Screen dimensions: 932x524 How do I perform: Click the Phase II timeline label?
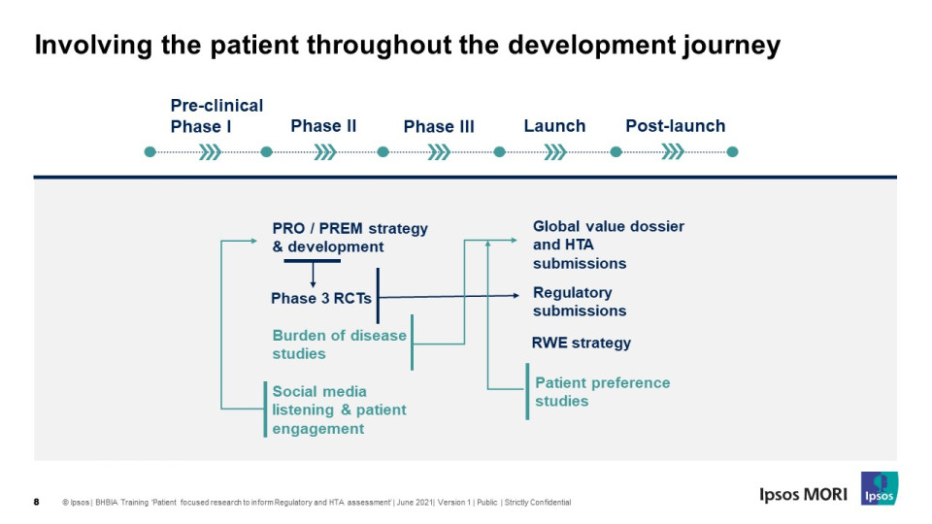click(323, 126)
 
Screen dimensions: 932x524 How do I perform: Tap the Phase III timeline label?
click(439, 126)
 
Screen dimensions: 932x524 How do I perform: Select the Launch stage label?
click(554, 126)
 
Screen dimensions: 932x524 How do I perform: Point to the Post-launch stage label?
click(676, 126)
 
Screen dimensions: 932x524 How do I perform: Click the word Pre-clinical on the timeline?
click(216, 106)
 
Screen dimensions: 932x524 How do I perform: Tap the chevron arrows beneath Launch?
click(555, 152)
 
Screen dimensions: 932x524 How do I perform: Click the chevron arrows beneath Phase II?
click(325, 152)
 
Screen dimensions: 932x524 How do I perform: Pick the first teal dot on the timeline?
click(150, 152)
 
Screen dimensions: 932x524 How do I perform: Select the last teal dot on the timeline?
click(732, 152)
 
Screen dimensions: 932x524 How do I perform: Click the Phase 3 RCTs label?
click(321, 298)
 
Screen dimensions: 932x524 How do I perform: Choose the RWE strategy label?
click(582, 343)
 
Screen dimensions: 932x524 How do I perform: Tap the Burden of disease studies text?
click(340, 344)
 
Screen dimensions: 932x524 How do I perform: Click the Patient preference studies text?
click(603, 391)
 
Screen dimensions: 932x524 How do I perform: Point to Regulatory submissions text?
click(580, 302)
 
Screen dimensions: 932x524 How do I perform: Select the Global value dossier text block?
click(609, 245)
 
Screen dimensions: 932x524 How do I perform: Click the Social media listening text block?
click(340, 409)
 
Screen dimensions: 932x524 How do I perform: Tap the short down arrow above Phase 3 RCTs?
click(313, 276)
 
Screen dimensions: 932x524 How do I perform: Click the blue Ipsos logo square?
click(880, 488)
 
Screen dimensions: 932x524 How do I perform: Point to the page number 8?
click(36, 502)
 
